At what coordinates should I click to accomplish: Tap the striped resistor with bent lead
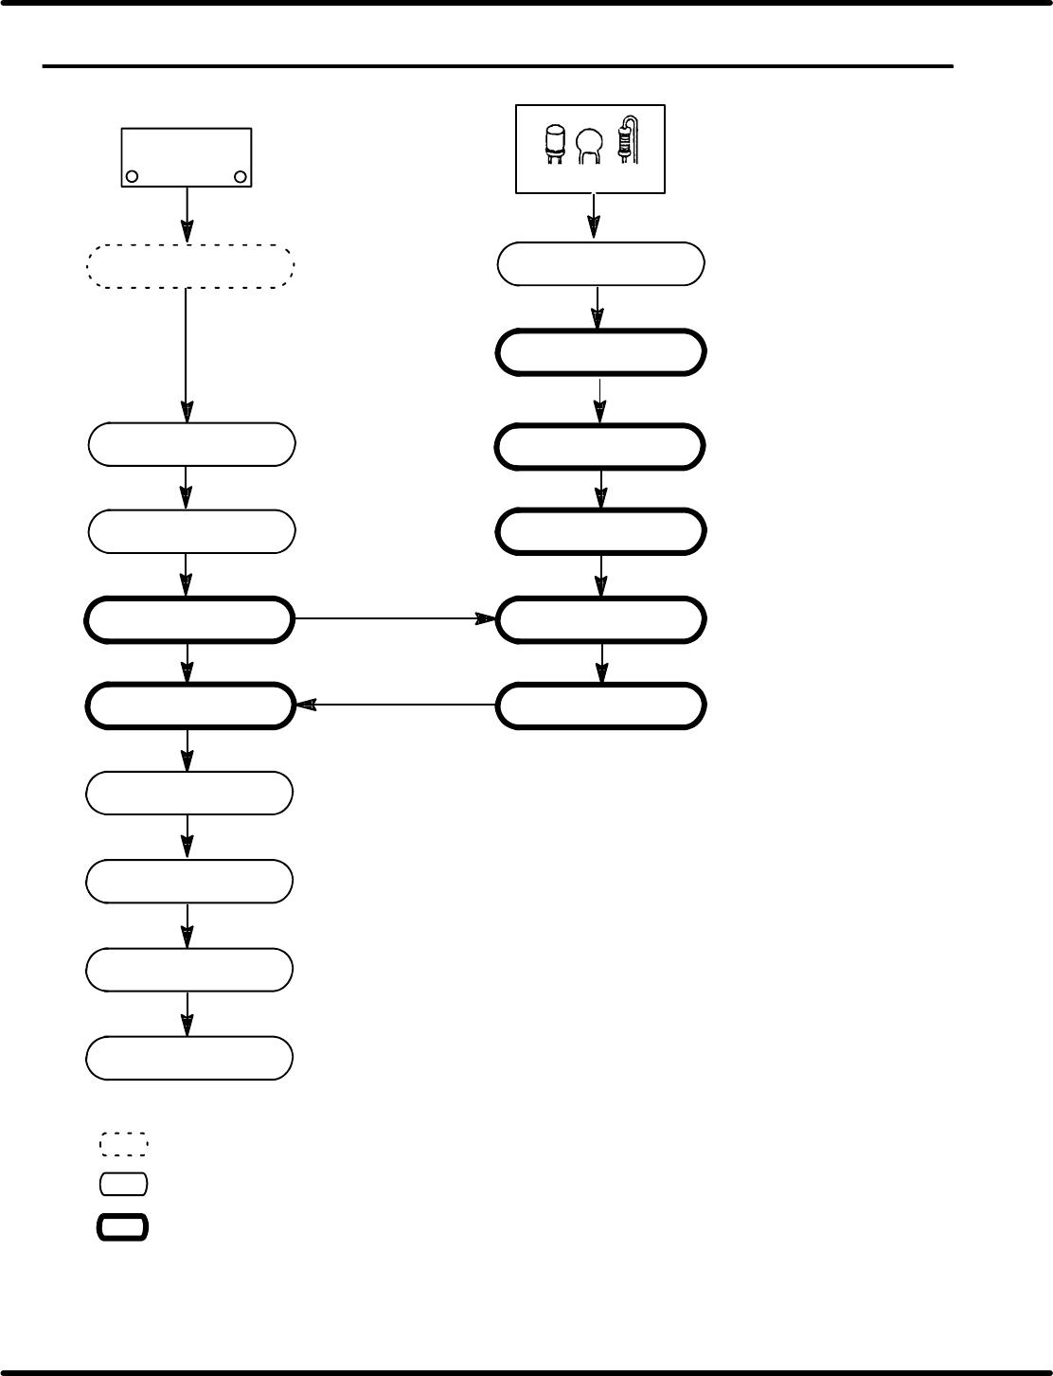coord(625,140)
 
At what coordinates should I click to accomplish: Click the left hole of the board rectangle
coord(133,176)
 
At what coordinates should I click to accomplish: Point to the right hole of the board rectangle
coord(241,176)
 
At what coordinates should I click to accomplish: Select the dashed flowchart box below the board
coord(189,265)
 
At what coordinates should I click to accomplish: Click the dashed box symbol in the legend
coord(124,1143)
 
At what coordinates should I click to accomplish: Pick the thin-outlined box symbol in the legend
coord(124,1184)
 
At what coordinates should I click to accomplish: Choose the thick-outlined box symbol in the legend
coord(123,1227)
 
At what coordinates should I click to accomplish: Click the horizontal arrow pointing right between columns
coord(394,619)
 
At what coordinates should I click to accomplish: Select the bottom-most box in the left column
coord(189,1058)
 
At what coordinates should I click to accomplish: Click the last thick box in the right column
coord(600,706)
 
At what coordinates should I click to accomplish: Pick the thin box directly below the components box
coord(600,264)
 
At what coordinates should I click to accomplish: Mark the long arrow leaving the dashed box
coord(186,355)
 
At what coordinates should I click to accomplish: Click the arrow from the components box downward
coord(594,217)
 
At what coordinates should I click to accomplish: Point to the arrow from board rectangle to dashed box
coord(187,216)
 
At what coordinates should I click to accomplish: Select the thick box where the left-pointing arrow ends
coord(187,706)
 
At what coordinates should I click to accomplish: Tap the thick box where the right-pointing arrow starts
coord(187,620)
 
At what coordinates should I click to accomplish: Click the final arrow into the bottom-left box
coord(187,1014)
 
